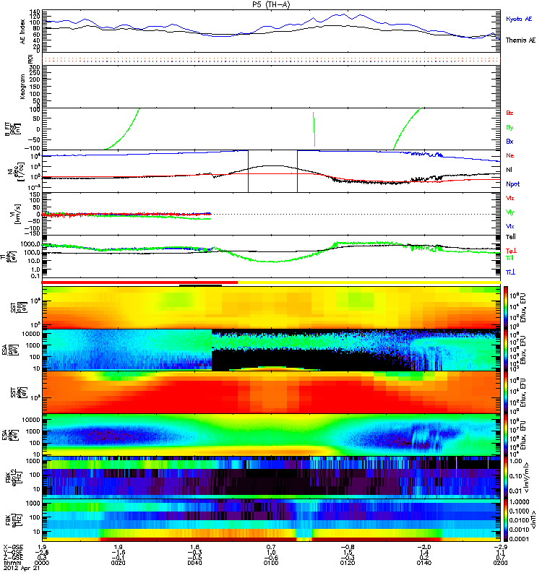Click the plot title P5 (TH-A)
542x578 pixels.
(x=271, y=4)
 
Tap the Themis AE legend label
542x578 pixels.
(x=521, y=40)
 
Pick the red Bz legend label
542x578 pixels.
(x=510, y=113)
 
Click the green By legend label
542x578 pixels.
(x=510, y=127)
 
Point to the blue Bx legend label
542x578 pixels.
(x=510, y=141)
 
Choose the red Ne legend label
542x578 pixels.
(x=510, y=156)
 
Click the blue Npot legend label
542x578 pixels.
(x=513, y=184)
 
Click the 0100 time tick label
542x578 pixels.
(x=270, y=561)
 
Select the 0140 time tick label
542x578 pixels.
(x=423, y=561)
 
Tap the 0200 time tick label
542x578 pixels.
(x=499, y=561)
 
